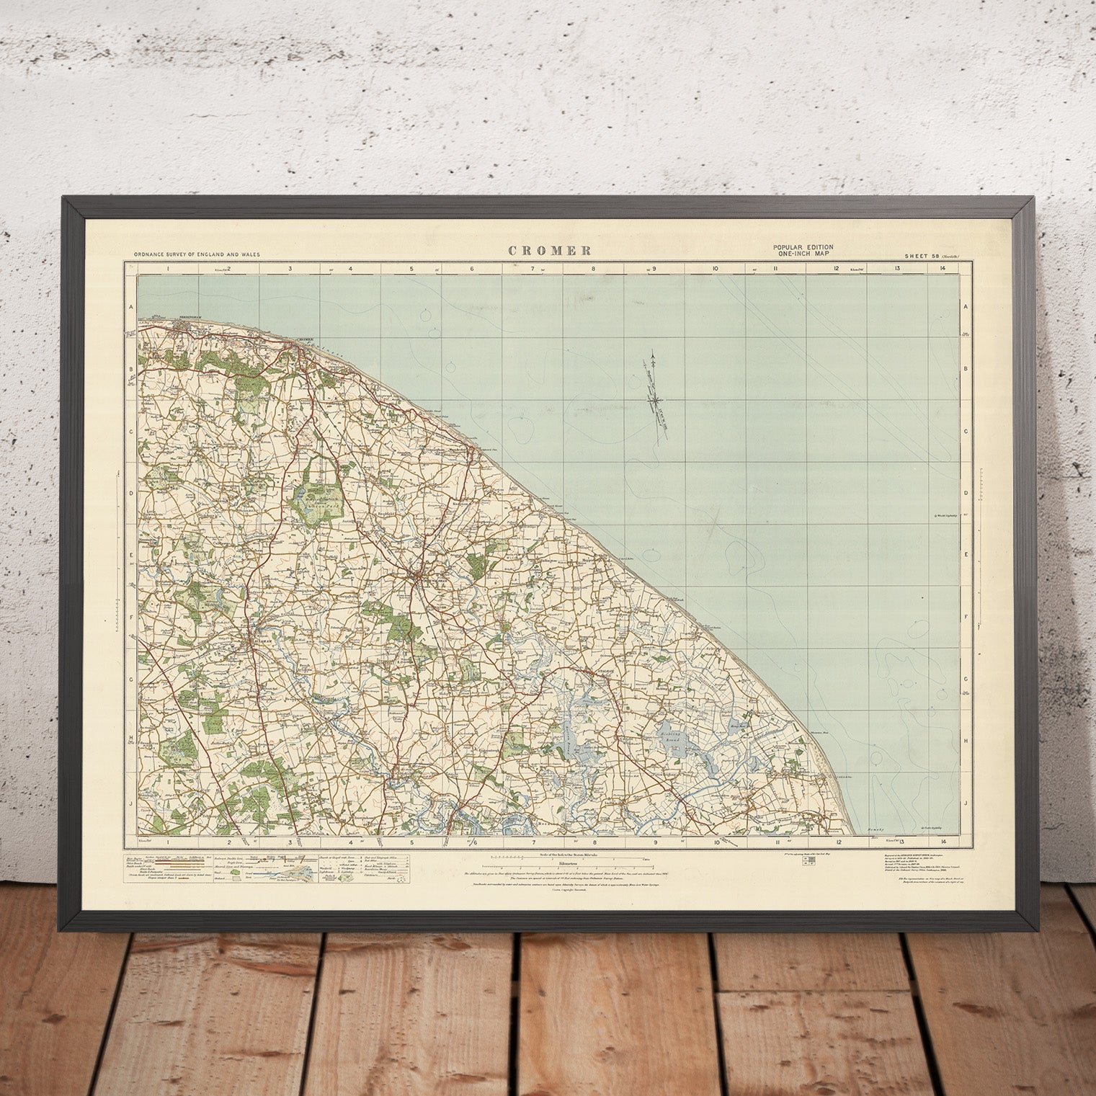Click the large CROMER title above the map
(x=550, y=251)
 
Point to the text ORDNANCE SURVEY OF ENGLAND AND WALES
(x=197, y=255)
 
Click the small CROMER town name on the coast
(x=306, y=340)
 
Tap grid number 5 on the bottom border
(x=412, y=841)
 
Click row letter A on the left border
(x=132, y=307)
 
